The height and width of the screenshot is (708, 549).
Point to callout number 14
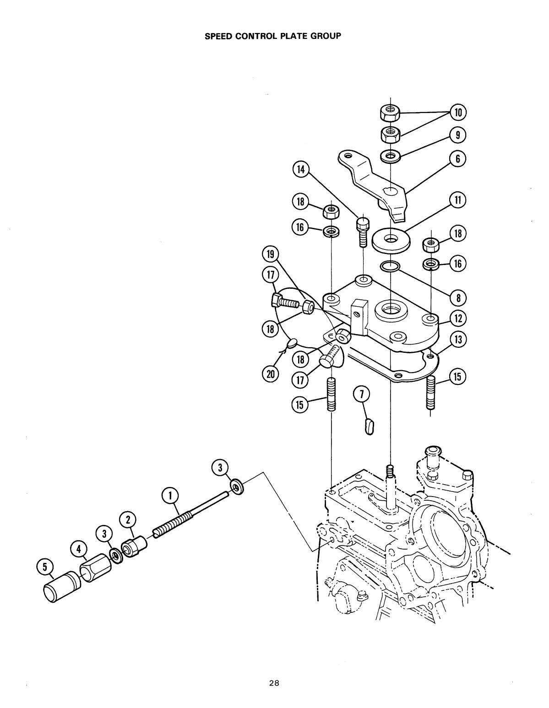coord(300,170)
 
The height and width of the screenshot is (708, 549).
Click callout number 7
coord(362,394)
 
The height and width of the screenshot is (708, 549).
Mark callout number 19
coord(270,254)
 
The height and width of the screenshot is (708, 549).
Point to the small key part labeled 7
coord(370,426)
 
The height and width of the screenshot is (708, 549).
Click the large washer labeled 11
coord(391,240)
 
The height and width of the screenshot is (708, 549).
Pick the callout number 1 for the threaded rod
coord(170,496)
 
